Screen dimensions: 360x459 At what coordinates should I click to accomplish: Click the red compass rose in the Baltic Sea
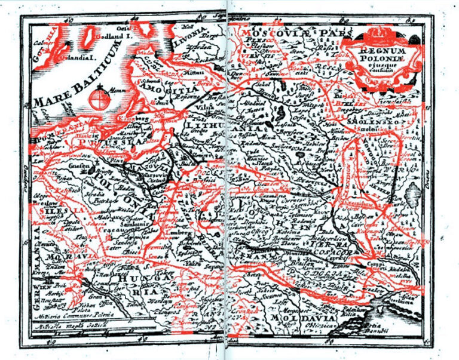click(97, 99)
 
